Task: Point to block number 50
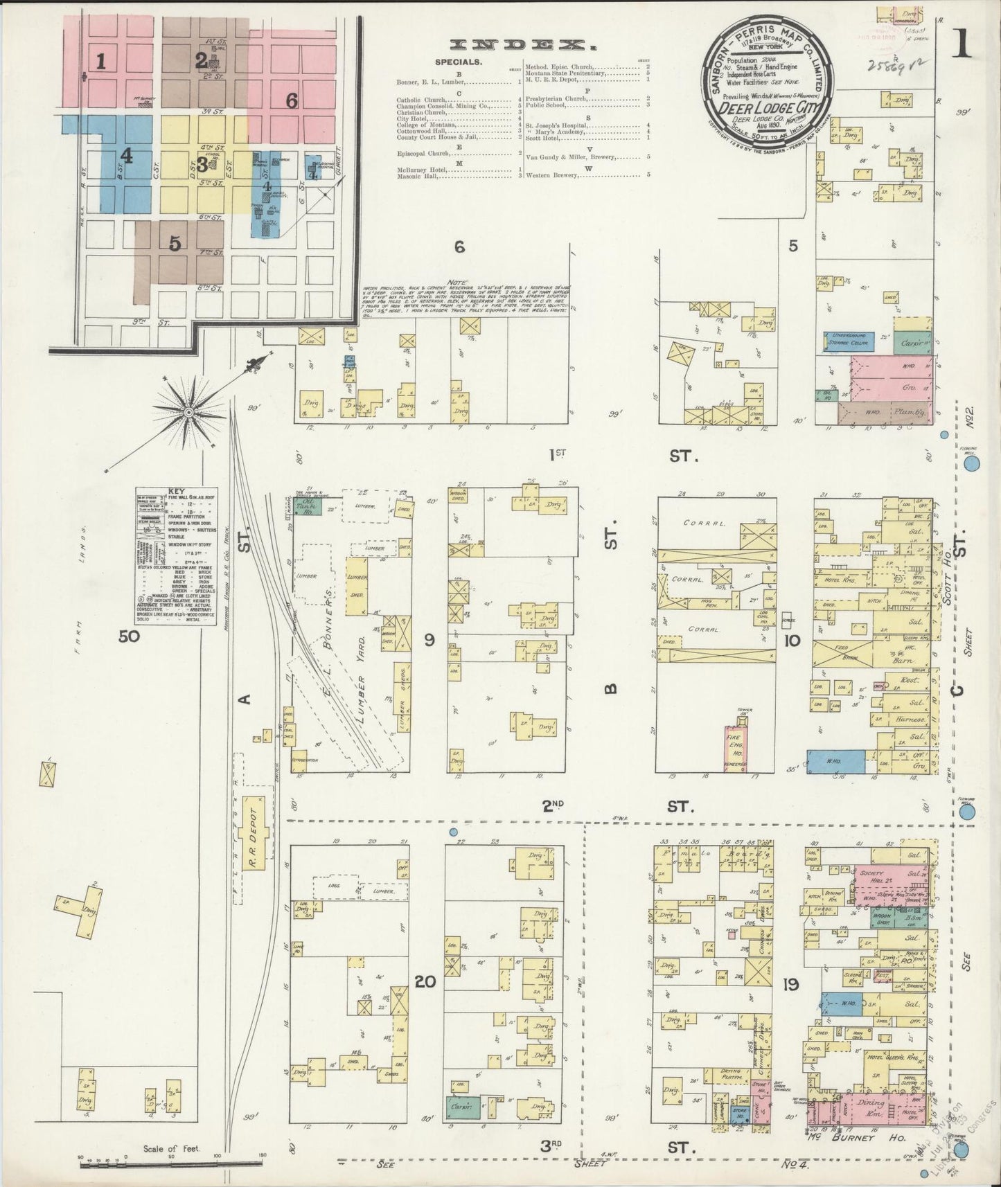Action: (130, 636)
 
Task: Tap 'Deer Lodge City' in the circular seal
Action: (769, 108)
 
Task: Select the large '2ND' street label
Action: (553, 805)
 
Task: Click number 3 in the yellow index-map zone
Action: (202, 165)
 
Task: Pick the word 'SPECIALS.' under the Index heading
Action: (459, 62)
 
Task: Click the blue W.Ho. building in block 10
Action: (836, 760)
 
